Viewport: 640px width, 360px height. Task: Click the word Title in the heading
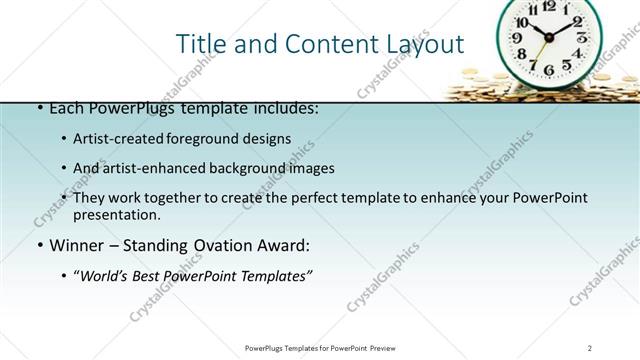tap(200, 44)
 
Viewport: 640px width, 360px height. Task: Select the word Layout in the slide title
tap(424, 44)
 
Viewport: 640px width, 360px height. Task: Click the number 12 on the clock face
tap(549, 6)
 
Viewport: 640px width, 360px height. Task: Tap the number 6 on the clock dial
tap(548, 70)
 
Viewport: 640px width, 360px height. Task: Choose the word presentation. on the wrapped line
tap(116, 214)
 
